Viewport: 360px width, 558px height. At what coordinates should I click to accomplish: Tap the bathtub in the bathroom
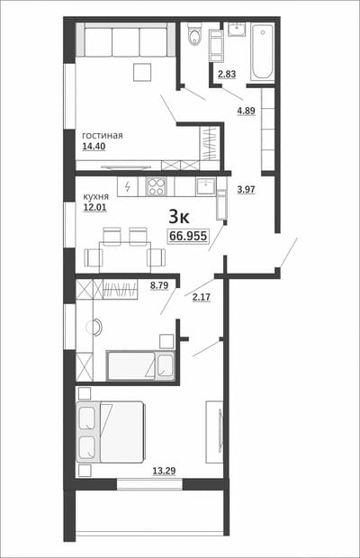[263, 52]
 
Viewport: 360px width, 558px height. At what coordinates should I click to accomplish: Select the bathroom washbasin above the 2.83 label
[236, 29]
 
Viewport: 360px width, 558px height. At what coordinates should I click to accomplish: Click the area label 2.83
[227, 75]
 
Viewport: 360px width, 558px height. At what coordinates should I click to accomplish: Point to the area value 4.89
[247, 111]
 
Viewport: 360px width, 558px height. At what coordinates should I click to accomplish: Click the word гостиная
[103, 136]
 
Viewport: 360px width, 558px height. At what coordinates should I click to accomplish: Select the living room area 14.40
[94, 147]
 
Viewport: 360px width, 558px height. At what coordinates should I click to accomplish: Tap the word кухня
[96, 197]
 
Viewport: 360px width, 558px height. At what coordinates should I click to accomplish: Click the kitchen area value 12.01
[95, 208]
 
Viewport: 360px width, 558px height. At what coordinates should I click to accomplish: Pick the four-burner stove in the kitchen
[157, 186]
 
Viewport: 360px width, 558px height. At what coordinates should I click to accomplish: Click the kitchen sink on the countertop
[205, 186]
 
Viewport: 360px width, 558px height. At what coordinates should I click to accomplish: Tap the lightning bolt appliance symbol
[127, 186]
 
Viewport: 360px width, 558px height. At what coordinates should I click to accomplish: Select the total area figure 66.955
[188, 236]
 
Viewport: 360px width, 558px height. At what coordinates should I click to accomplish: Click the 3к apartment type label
[179, 217]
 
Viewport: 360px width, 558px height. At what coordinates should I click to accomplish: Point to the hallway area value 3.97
[247, 189]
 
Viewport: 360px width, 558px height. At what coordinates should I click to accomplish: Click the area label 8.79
[159, 285]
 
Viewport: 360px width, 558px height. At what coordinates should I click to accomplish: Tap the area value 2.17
[202, 297]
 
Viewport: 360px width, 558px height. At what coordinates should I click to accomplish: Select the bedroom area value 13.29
[164, 472]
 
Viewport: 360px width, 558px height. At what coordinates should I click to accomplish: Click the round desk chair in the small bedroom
[94, 327]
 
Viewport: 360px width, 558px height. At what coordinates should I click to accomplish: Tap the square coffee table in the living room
[142, 72]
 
